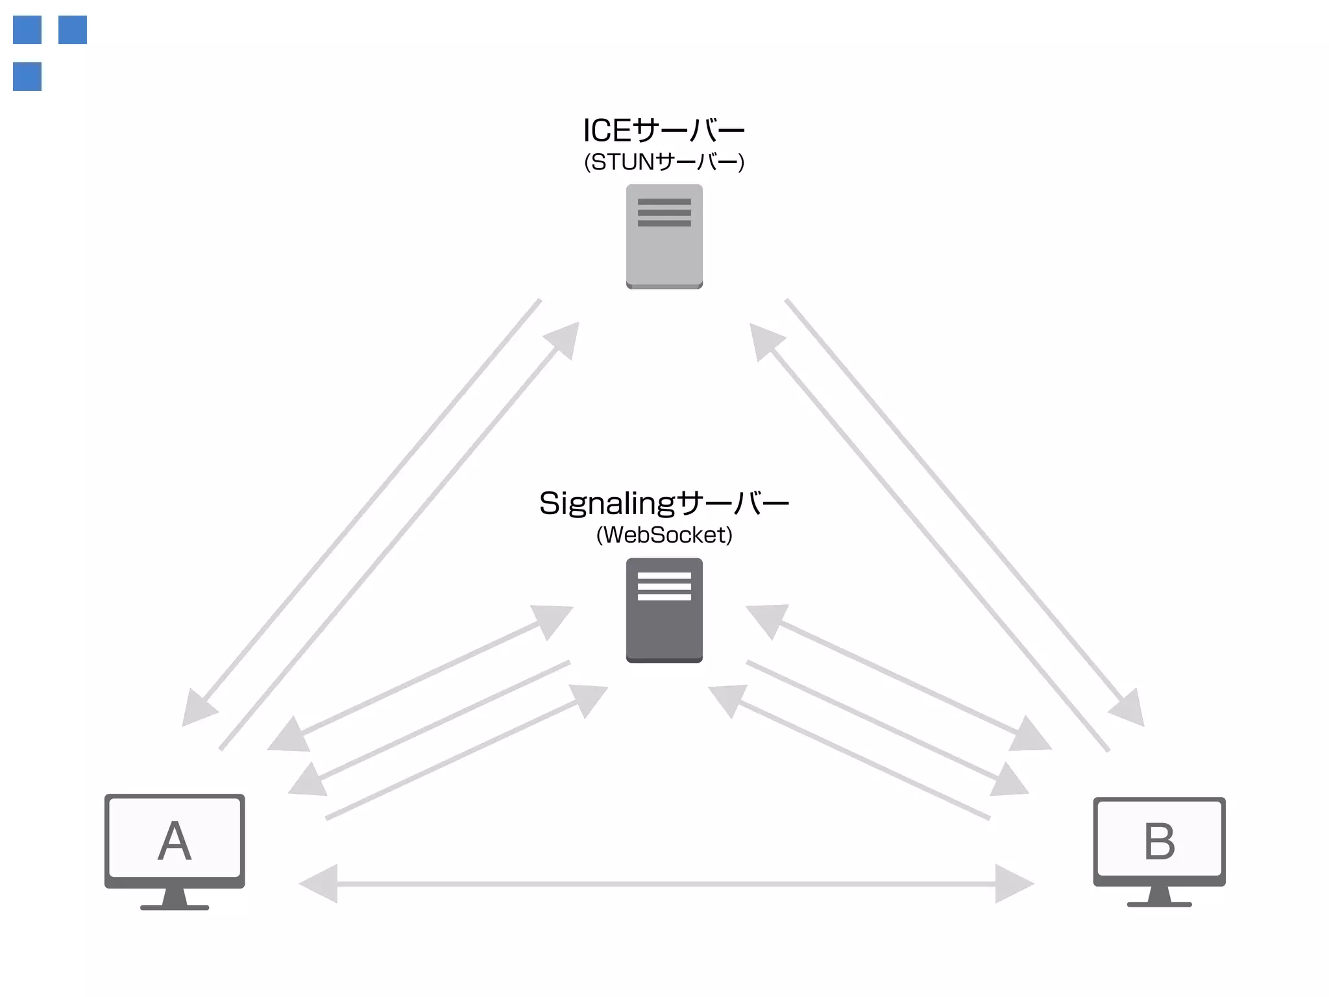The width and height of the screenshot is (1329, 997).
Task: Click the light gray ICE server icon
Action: (664, 237)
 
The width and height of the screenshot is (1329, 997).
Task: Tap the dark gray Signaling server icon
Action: (664, 610)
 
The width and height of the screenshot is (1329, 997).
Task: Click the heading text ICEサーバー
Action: (664, 130)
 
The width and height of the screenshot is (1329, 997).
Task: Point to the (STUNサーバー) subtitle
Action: (664, 162)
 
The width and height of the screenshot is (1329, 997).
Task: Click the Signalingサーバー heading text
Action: (664, 504)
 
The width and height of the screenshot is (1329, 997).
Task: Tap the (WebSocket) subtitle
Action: (664, 535)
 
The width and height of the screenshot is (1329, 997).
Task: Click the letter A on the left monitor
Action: (175, 841)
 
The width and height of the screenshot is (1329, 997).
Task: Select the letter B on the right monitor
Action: (1159, 842)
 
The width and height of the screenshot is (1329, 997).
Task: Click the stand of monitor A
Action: (175, 899)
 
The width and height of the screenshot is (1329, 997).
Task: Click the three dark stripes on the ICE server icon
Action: (664, 212)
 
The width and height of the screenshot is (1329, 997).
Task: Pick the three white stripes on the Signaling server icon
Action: (664, 586)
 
